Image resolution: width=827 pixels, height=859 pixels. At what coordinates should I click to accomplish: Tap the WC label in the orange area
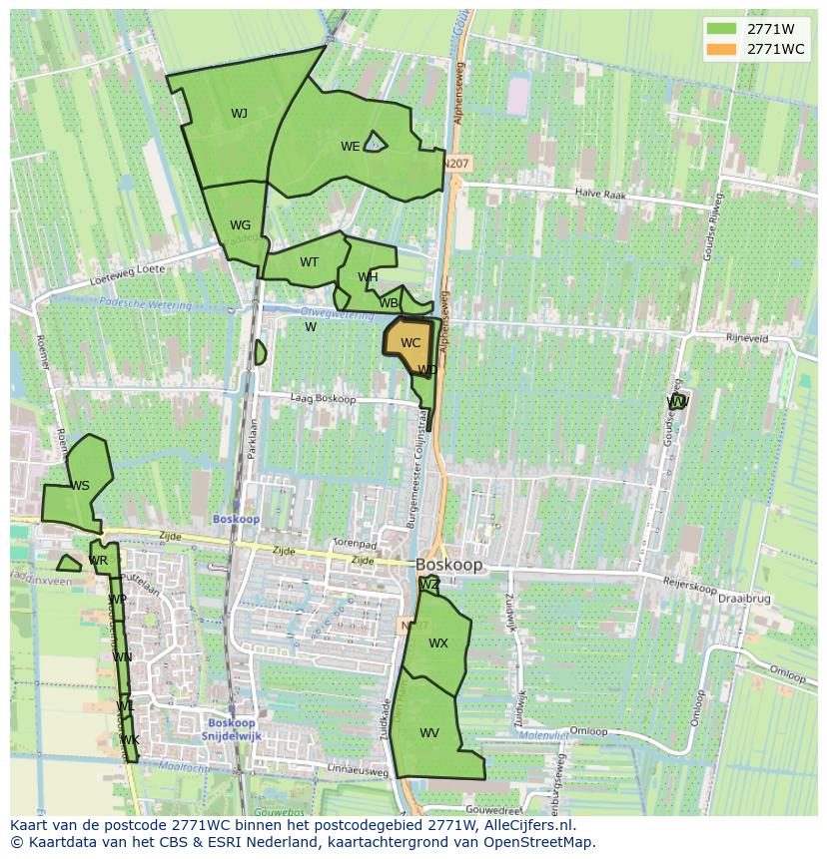point(411,343)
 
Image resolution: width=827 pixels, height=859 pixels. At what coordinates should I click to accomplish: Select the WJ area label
point(239,114)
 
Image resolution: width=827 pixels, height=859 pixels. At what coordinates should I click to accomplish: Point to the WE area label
point(350,147)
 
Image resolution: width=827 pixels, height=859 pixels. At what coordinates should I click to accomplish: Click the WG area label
point(240,225)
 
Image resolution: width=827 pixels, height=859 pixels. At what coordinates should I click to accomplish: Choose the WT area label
point(309,262)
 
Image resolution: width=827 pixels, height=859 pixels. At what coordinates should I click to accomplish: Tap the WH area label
point(368,277)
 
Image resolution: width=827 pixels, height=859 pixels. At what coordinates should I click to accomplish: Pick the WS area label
point(80,486)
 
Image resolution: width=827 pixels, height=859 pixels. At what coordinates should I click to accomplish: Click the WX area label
point(438,644)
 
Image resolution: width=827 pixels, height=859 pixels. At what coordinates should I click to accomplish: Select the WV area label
point(429,733)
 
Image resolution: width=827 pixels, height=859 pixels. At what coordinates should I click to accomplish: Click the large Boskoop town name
point(449,565)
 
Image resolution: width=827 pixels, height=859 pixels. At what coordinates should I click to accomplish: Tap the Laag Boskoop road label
point(323,399)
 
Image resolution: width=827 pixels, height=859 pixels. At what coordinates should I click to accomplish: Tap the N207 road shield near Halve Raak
point(457,163)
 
